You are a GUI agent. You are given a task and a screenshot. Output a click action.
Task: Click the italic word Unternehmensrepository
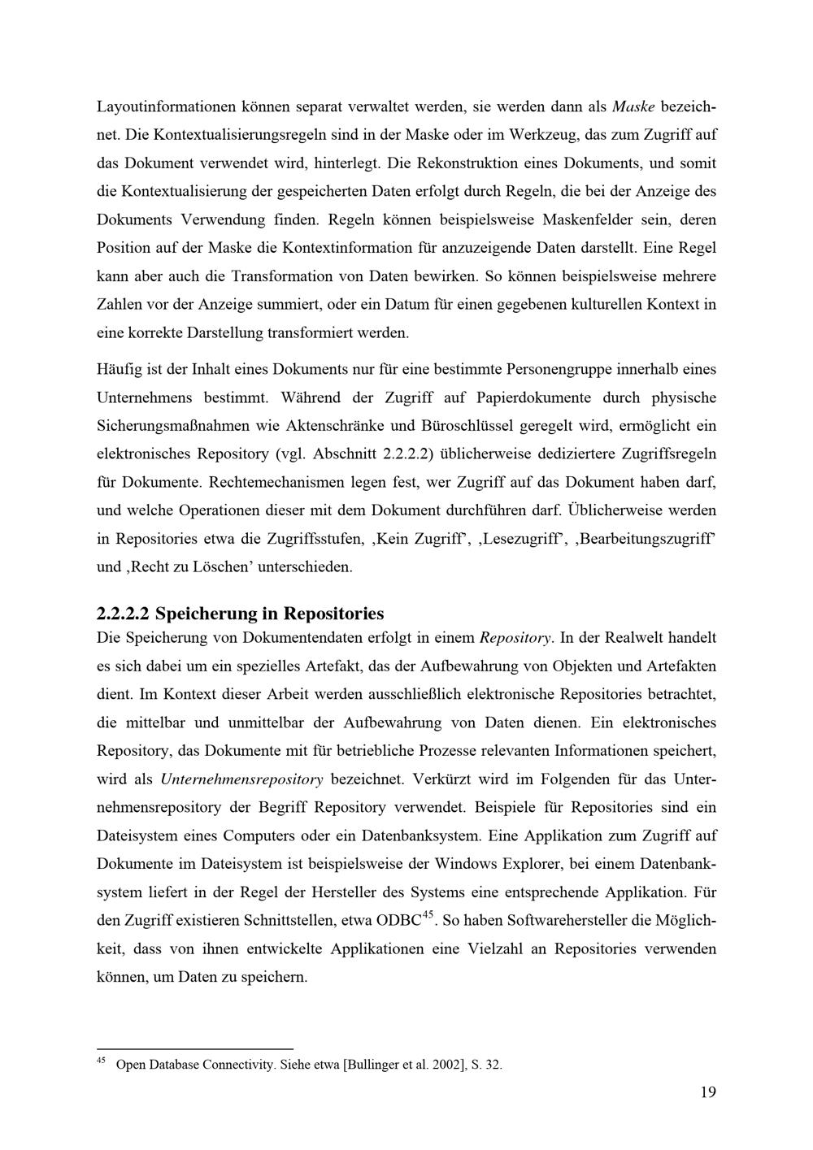pos(242,779)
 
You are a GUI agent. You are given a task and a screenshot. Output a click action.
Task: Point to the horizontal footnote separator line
pos(194,1049)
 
